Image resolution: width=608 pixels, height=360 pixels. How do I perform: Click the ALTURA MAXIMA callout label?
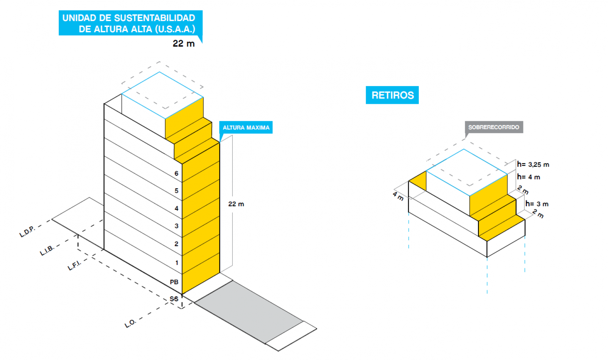click(x=246, y=128)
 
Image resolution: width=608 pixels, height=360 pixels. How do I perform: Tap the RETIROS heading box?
click(x=392, y=95)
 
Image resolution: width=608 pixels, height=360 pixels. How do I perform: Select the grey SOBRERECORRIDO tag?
click(x=494, y=127)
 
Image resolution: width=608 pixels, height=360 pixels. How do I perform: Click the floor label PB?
click(x=174, y=282)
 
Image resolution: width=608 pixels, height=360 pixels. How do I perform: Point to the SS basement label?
click(x=174, y=299)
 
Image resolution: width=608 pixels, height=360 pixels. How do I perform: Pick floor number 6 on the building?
click(x=176, y=174)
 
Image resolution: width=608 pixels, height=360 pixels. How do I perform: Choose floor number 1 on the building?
click(x=177, y=263)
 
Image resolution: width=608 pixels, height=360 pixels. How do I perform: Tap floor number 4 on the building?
click(x=176, y=208)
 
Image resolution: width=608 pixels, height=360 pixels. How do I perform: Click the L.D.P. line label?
click(x=27, y=232)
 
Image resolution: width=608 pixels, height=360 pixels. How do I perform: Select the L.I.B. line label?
click(x=47, y=250)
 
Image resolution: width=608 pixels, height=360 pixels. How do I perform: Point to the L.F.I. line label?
click(x=74, y=265)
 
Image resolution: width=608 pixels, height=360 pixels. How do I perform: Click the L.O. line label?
click(x=130, y=323)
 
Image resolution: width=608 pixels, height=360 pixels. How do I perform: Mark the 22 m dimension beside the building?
click(x=236, y=204)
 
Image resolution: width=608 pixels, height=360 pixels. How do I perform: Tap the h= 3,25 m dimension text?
click(x=533, y=164)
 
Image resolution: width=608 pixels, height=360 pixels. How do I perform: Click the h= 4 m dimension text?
click(x=528, y=177)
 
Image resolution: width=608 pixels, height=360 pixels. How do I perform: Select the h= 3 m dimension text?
click(x=537, y=204)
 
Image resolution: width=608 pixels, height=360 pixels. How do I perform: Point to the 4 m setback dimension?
click(x=398, y=196)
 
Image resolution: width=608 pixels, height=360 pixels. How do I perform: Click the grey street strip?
click(x=248, y=311)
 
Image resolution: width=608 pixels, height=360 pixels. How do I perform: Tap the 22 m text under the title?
click(x=183, y=44)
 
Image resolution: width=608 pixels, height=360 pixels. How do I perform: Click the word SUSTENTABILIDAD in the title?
click(x=155, y=18)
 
